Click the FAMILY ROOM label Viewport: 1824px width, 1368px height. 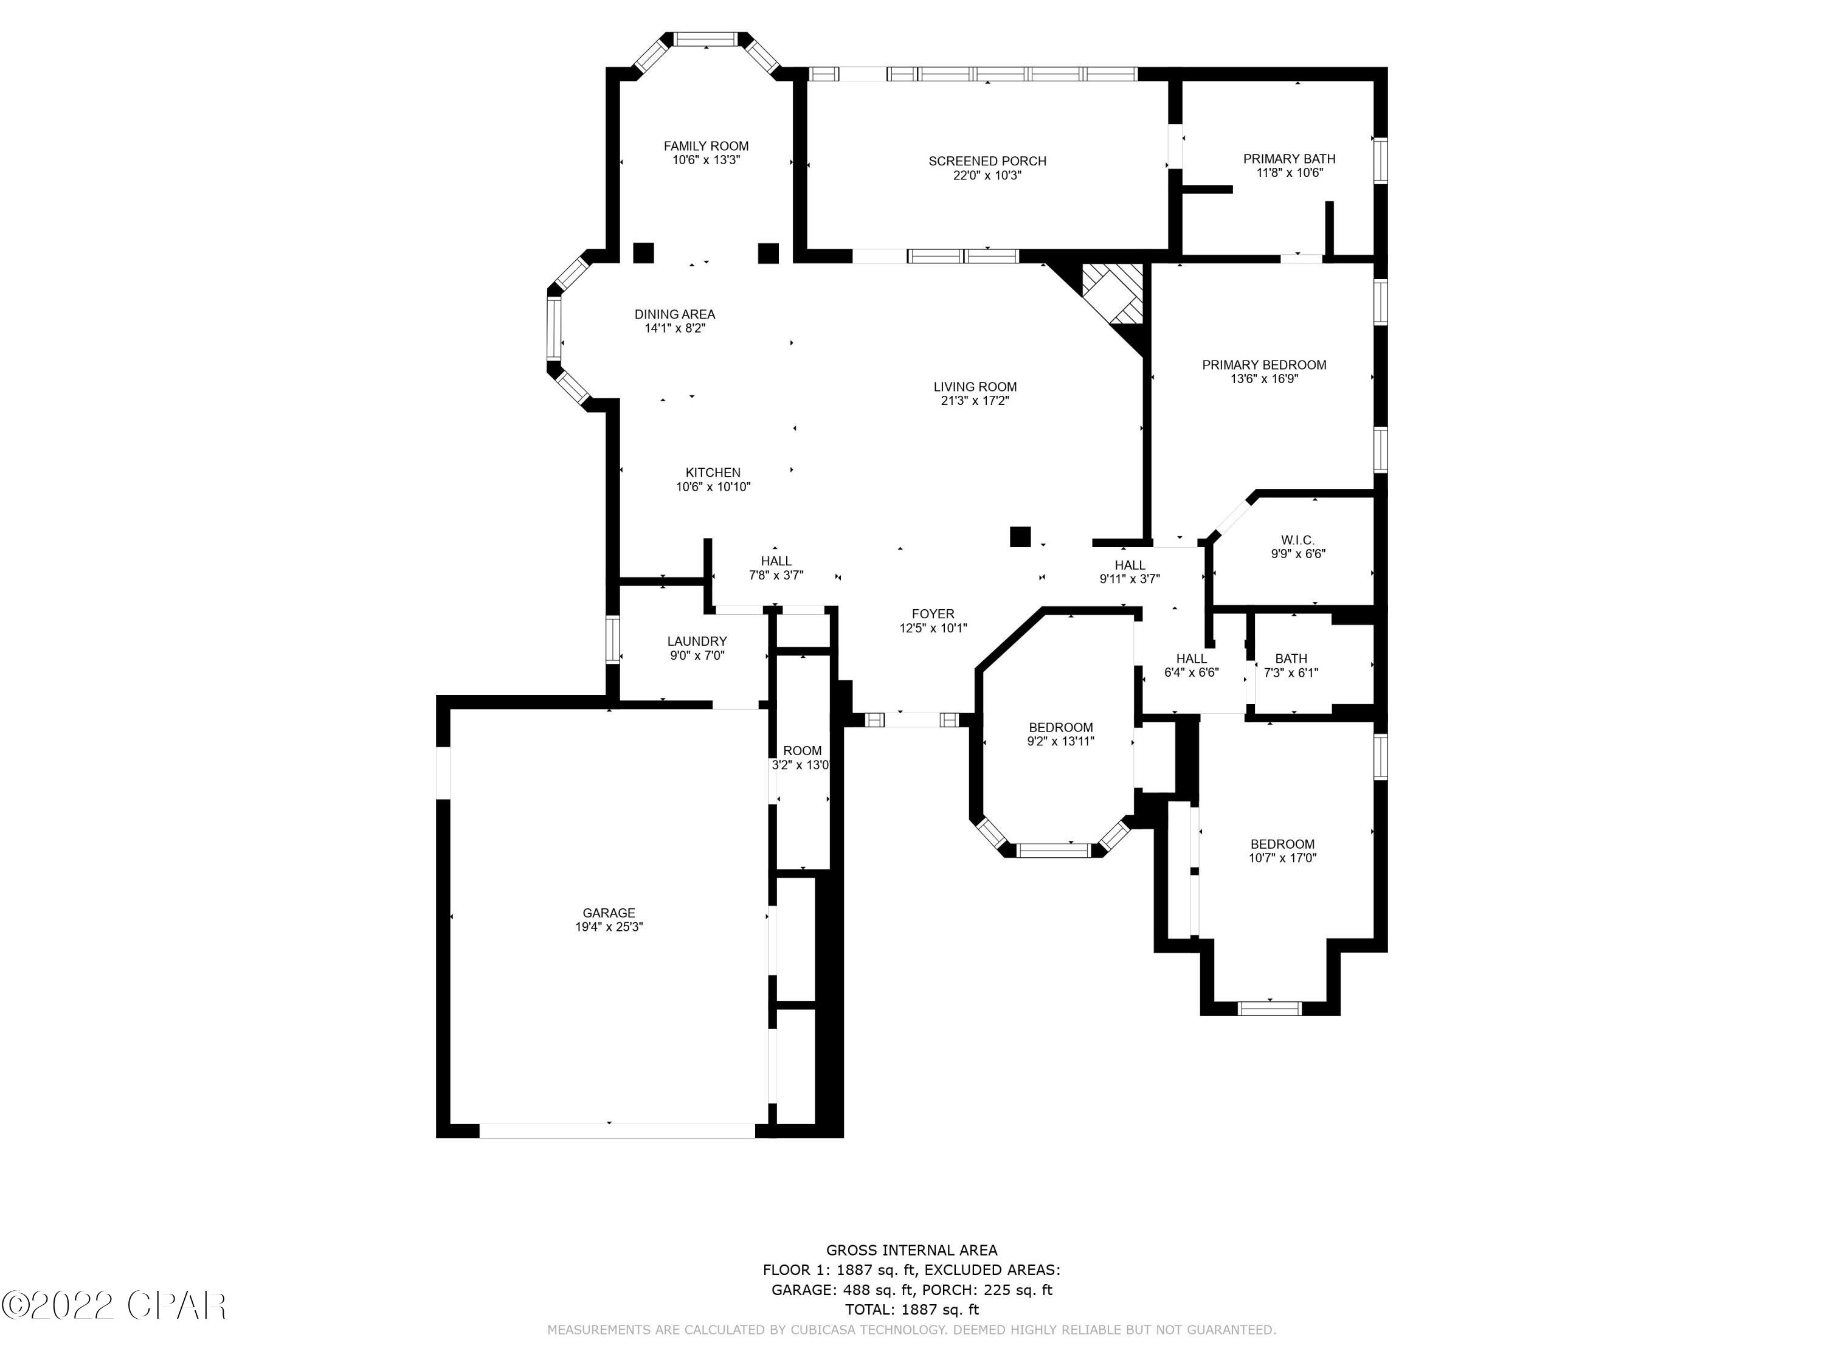click(x=706, y=146)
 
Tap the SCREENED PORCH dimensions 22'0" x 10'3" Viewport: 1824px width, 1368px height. click(x=987, y=176)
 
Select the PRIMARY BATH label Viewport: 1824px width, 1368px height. click(x=1289, y=158)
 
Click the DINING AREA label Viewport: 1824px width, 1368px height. click(x=674, y=314)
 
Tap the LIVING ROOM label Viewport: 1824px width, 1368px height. click(x=975, y=387)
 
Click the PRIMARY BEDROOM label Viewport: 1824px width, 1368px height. click(x=1263, y=364)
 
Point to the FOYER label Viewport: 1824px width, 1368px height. click(x=933, y=613)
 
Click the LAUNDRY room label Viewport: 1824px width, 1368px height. click(x=697, y=641)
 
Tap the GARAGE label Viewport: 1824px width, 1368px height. click(x=609, y=913)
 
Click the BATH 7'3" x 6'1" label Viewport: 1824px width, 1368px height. click(x=1291, y=658)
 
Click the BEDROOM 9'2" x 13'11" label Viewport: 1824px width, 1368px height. click(x=1060, y=727)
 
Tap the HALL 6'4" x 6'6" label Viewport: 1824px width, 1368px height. click(x=1190, y=658)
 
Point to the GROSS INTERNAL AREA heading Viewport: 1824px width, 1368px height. click(x=911, y=1250)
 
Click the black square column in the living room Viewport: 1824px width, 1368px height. click(x=1020, y=537)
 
